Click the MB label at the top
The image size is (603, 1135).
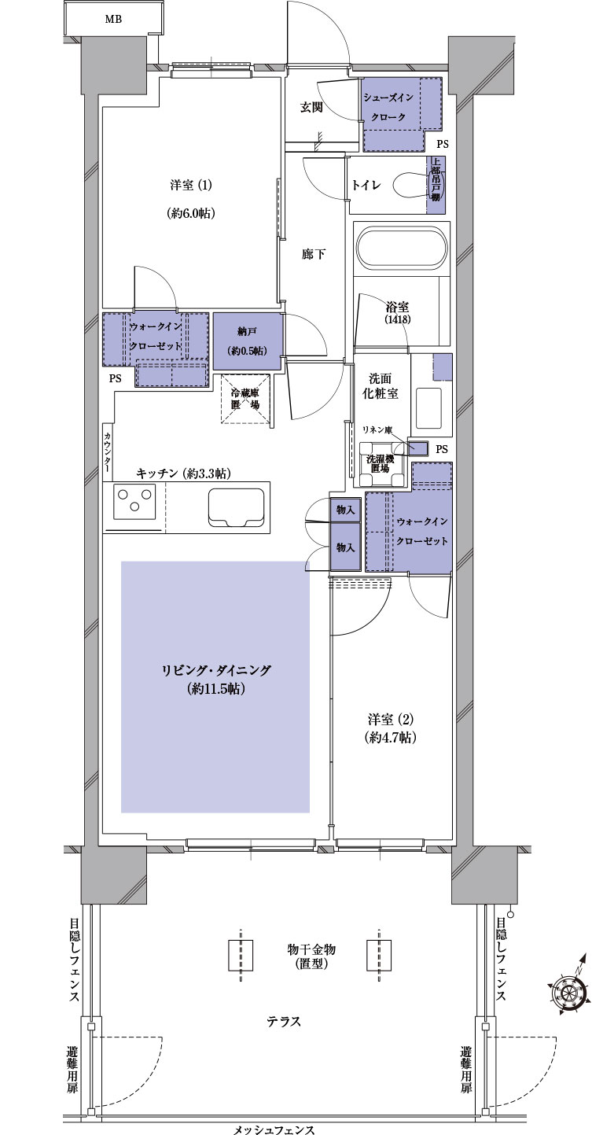click(x=113, y=20)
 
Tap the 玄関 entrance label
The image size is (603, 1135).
click(x=311, y=108)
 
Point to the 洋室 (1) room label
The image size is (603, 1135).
click(x=191, y=186)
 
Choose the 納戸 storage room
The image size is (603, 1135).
click(x=247, y=341)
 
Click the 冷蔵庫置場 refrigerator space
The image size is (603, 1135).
click(x=246, y=399)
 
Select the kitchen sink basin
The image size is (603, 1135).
click(x=236, y=507)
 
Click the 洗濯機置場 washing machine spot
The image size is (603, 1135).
click(x=380, y=463)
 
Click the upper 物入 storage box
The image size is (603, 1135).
click(x=345, y=510)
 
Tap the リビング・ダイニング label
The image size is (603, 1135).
click(x=216, y=670)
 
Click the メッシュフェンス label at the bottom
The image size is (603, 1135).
click(x=274, y=1129)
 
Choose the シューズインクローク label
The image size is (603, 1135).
click(x=388, y=107)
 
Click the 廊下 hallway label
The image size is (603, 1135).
click(x=313, y=254)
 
